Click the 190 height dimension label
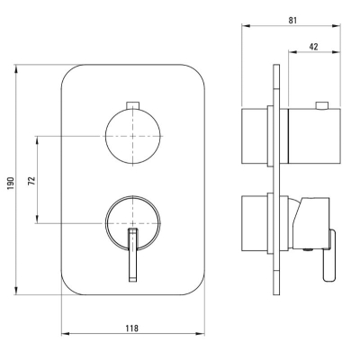11,183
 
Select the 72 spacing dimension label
31,180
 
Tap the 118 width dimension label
132,328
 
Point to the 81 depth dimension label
292,20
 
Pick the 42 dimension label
313,47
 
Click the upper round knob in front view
133,136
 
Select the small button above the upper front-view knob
133,104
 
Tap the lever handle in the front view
133,255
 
